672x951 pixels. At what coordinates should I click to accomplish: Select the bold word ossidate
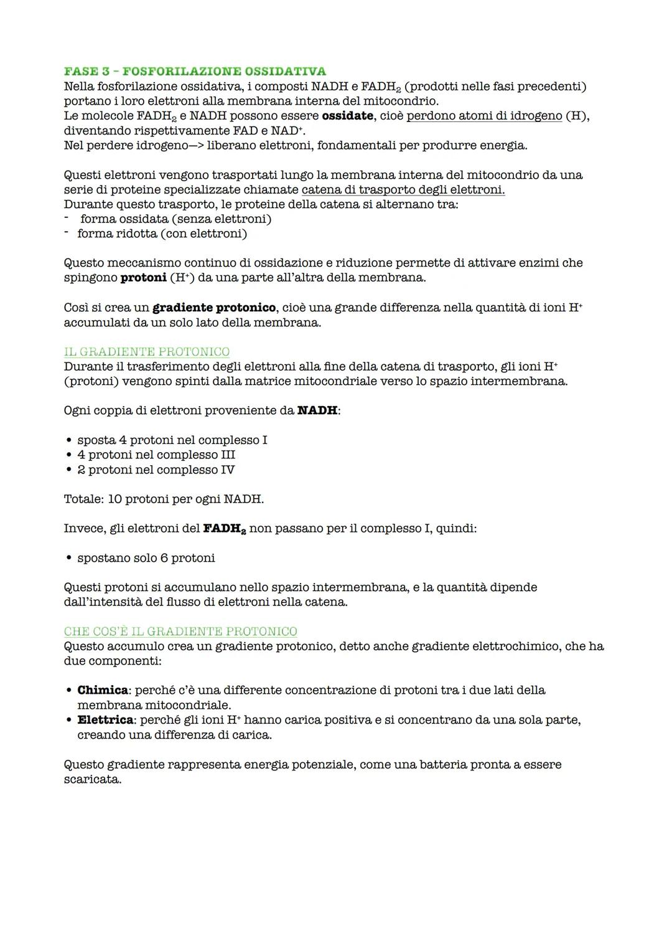[347, 116]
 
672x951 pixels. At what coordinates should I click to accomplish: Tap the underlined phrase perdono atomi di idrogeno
[483, 116]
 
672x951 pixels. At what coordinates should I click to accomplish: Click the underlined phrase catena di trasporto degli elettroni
[403, 189]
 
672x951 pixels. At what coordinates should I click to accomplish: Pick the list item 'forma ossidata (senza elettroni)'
[175, 219]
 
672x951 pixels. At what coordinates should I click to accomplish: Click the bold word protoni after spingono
[143, 278]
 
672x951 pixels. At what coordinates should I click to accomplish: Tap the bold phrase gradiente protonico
[214, 308]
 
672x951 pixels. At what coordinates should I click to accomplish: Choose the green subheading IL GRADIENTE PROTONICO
[147, 352]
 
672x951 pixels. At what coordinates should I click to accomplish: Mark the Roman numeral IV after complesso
[228, 470]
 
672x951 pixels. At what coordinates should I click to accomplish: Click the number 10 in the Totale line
[115, 499]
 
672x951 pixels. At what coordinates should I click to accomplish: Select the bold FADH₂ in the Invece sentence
[224, 529]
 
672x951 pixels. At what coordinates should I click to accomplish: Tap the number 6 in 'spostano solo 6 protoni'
[164, 558]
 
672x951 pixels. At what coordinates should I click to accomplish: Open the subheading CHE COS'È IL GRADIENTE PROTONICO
[180, 632]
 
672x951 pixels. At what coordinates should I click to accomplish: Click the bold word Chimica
[103, 690]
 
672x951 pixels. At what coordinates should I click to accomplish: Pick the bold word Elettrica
[105, 720]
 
